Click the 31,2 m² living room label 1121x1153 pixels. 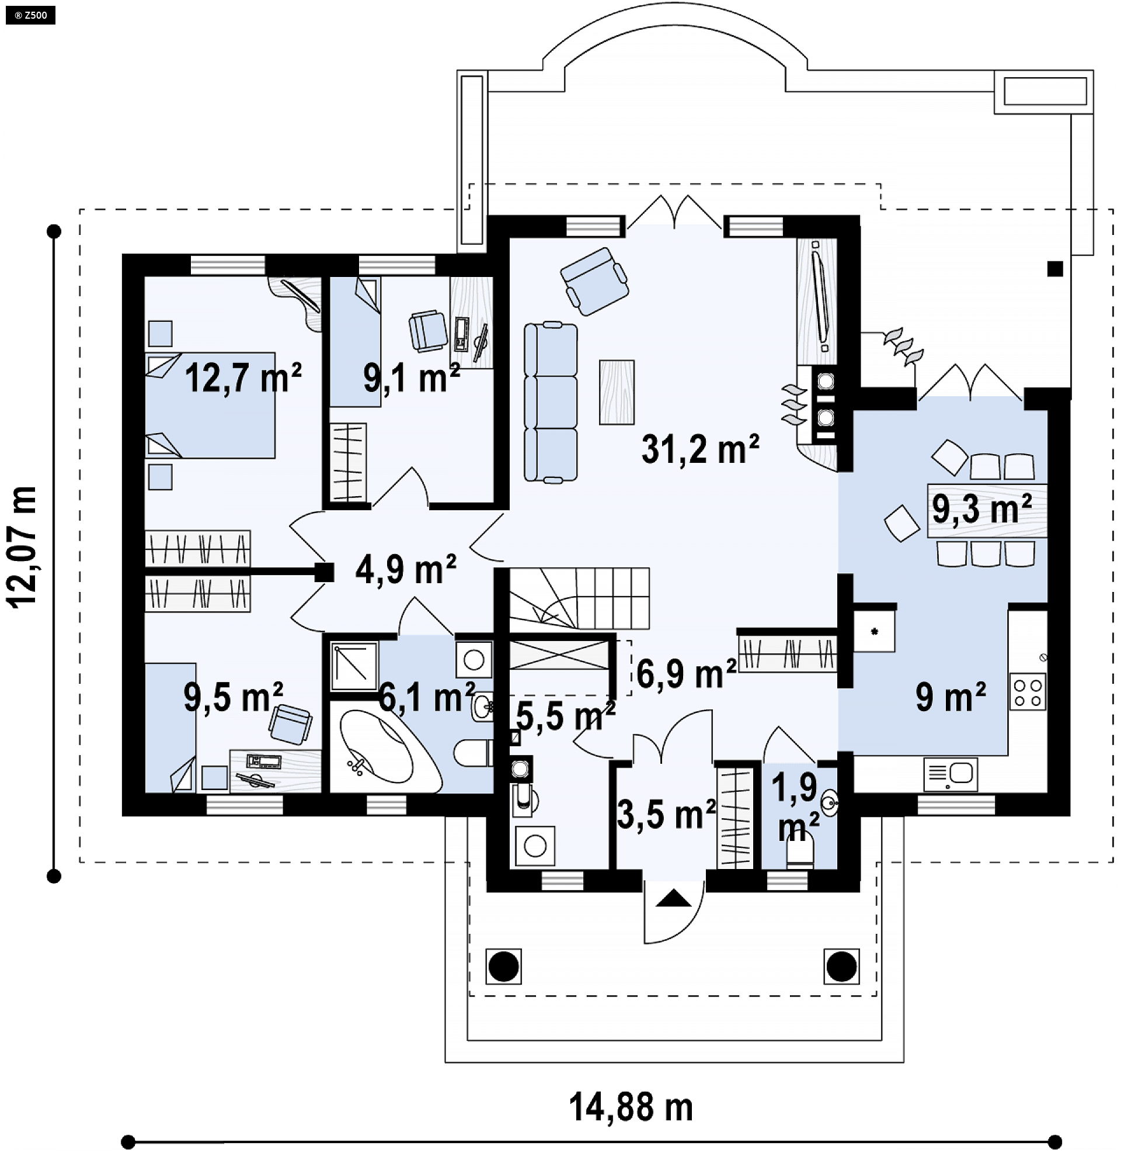[x=700, y=449]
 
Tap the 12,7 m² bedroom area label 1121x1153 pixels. [x=243, y=378]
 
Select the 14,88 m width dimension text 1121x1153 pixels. [x=631, y=1107]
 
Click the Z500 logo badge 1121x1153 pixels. [x=30, y=15]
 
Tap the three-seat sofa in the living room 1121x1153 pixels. [x=551, y=403]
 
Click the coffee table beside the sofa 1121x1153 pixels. [x=617, y=392]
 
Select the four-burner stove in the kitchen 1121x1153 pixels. [x=1028, y=692]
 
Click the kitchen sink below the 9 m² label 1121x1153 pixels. [x=951, y=774]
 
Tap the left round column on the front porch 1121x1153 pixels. [x=503, y=967]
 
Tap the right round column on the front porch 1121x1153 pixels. [x=841, y=967]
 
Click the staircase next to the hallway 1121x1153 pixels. [x=579, y=598]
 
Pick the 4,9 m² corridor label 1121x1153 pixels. [x=406, y=570]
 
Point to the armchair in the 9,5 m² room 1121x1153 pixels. [x=291, y=723]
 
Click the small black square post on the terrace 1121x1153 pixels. [x=1055, y=269]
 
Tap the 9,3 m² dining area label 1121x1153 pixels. [x=981, y=510]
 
